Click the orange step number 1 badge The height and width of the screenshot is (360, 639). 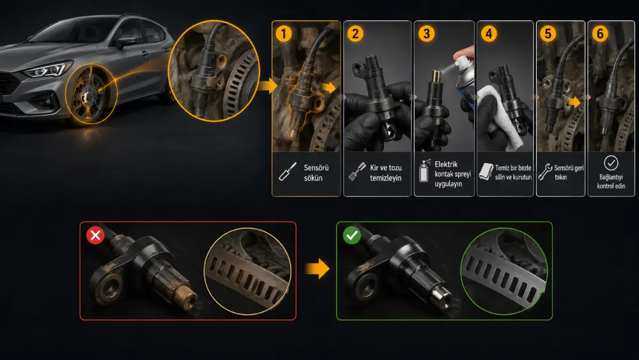[284, 33]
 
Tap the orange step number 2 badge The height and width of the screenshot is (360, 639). [355, 33]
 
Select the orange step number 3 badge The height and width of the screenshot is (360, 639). [426, 33]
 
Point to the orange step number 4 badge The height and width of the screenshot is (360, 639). [489, 33]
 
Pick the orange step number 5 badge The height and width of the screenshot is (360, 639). [548, 33]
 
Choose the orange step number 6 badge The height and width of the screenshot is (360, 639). [600, 33]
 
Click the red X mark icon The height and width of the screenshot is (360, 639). [95, 235]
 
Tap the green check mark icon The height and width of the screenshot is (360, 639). [351, 235]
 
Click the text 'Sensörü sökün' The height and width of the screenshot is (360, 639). [316, 173]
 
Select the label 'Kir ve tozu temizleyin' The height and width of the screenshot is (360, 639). [385, 173]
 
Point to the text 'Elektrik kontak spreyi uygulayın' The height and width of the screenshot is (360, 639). [452, 174]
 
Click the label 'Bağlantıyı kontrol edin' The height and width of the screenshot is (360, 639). [611, 182]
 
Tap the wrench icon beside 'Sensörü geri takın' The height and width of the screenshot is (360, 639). [545, 171]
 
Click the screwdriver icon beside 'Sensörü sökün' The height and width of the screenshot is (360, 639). [288, 171]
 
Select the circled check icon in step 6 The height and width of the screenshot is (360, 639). [611, 163]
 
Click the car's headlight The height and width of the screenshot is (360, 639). [48, 69]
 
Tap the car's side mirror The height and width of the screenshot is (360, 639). [127, 41]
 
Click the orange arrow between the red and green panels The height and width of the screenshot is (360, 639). [317, 269]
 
